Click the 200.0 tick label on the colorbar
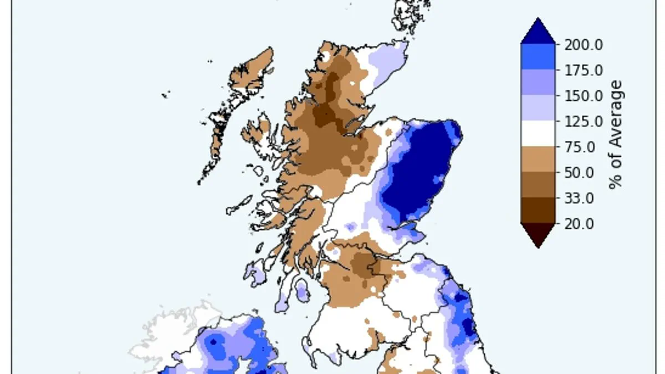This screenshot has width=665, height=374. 584,45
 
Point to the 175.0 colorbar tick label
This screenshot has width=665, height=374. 584,70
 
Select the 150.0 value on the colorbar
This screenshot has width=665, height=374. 584,96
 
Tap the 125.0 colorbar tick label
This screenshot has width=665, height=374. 584,121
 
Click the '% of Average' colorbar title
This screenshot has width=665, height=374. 616,135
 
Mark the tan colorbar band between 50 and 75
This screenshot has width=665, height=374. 538,160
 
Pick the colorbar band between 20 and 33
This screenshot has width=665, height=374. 538,211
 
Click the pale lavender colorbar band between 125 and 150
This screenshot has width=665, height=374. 538,108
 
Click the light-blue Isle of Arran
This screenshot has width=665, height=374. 301,290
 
